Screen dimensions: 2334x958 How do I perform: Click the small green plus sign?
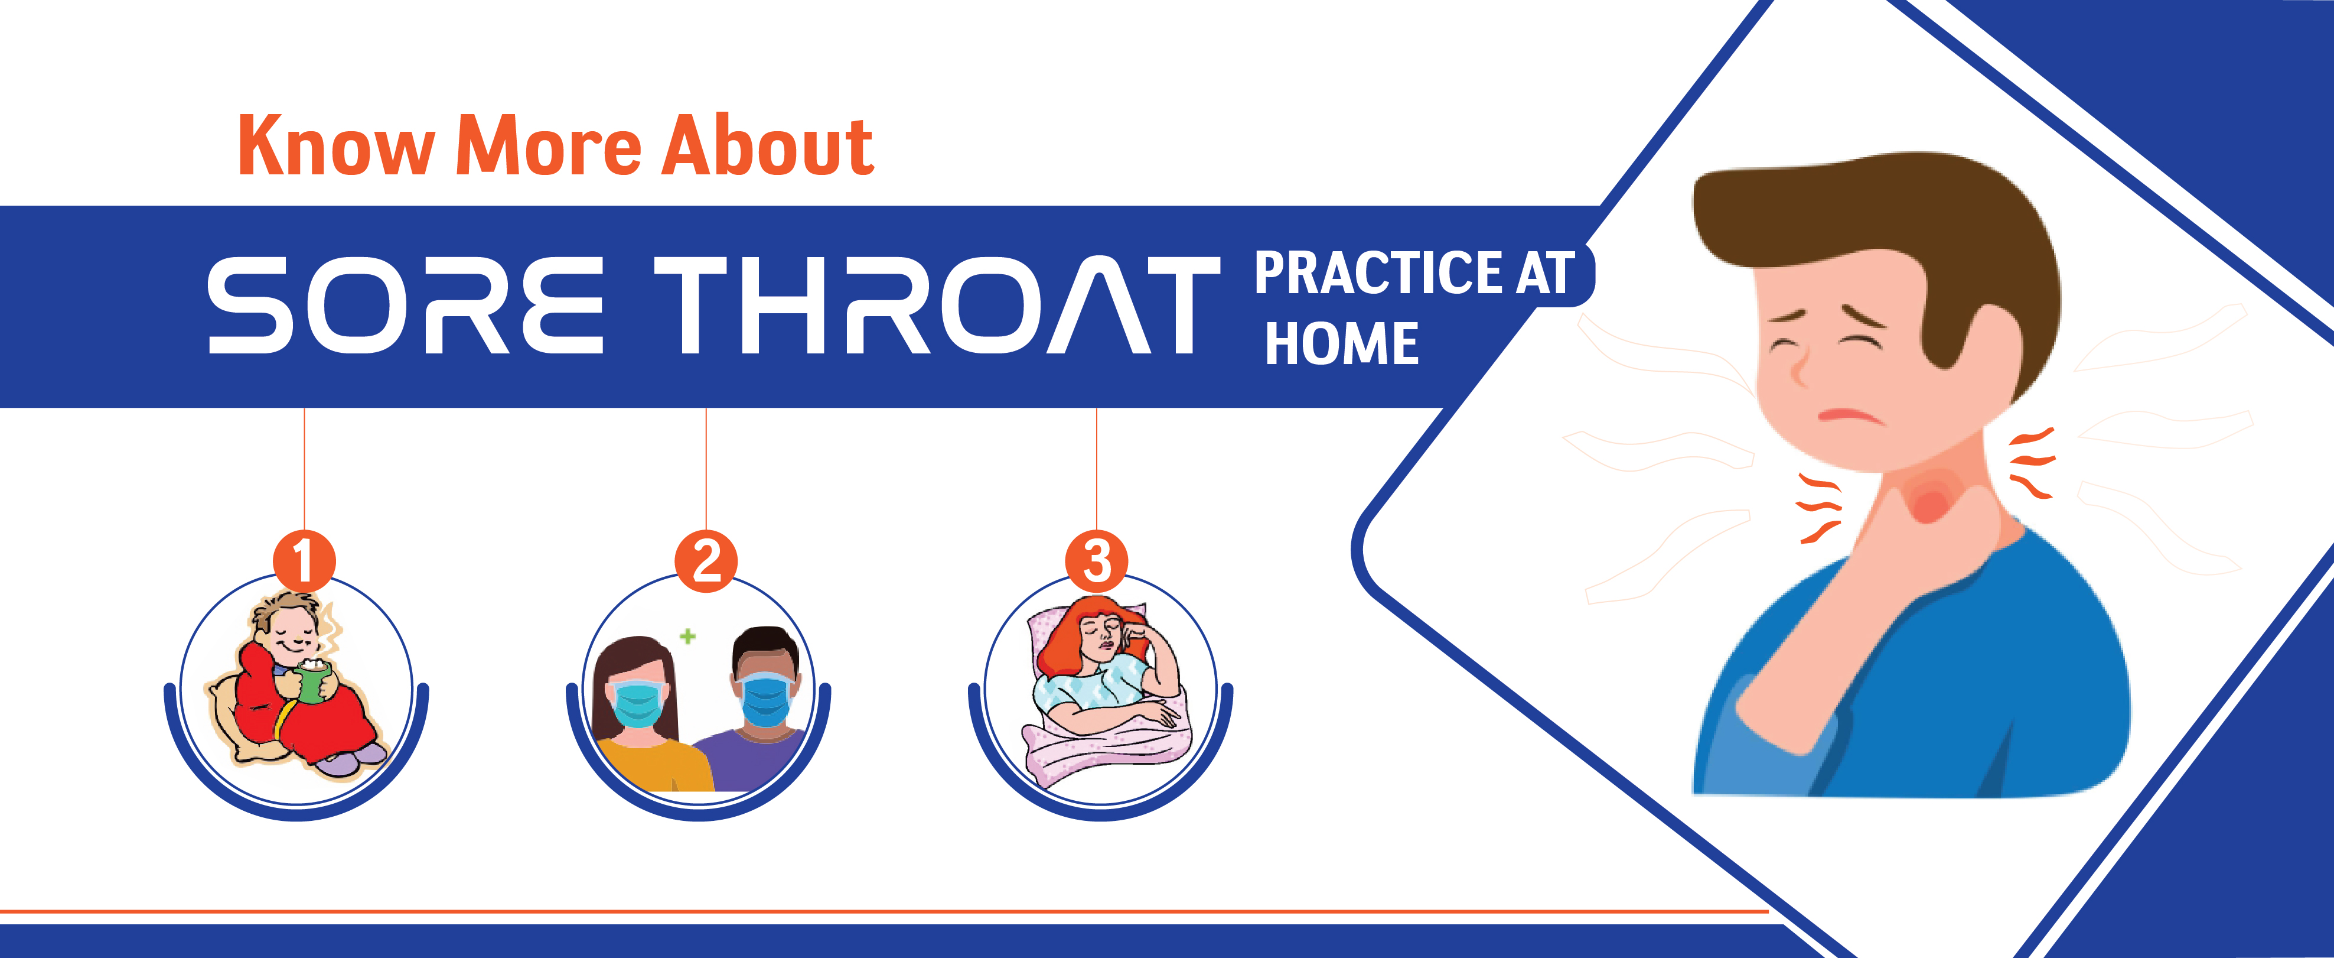(x=687, y=636)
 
